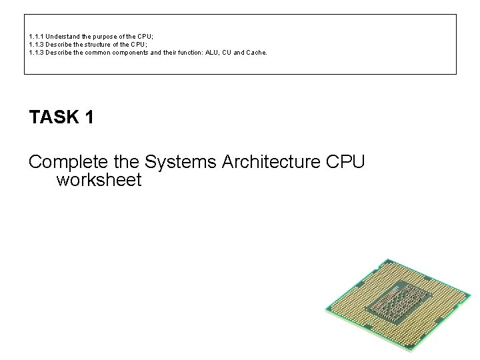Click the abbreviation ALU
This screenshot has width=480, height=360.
point(217,51)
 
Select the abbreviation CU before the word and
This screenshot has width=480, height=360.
point(233,51)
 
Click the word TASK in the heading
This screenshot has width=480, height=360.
point(55,118)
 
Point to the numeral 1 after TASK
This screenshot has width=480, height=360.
point(89,118)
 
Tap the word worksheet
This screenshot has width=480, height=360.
point(99,180)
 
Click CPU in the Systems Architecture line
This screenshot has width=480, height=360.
point(347,161)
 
